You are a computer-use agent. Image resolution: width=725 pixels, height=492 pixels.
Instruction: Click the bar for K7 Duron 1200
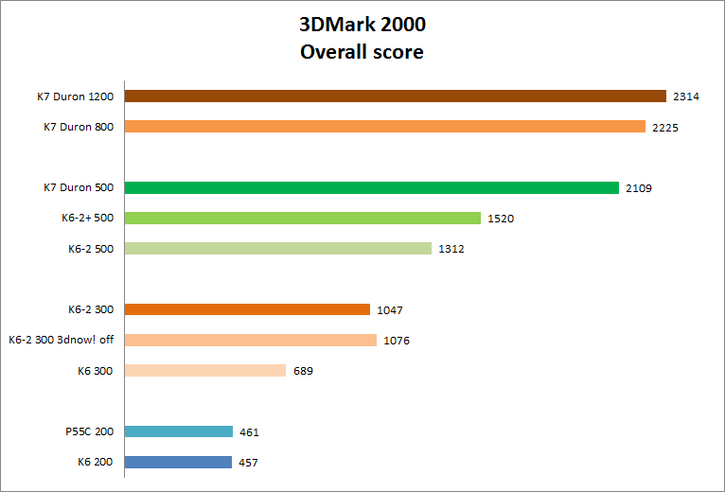point(396,96)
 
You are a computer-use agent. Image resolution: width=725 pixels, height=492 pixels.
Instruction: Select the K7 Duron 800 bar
point(384,127)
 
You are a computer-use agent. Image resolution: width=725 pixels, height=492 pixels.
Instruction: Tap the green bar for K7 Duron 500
point(371,187)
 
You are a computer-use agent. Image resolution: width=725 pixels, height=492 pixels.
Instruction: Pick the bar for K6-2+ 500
point(303,218)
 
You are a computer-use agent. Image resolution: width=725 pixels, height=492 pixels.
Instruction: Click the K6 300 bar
point(204,371)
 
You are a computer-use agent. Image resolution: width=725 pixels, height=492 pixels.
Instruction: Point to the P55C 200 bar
point(178,431)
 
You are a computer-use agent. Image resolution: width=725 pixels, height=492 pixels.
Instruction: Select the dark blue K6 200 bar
point(178,462)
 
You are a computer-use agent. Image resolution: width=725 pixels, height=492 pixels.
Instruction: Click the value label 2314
point(685,97)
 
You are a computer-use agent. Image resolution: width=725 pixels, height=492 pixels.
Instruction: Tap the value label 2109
point(638,188)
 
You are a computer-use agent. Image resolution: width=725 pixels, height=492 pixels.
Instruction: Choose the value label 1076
point(397,341)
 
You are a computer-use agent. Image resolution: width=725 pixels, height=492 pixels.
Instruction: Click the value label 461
point(249,432)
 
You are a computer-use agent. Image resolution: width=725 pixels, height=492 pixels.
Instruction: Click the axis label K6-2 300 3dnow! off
point(61,341)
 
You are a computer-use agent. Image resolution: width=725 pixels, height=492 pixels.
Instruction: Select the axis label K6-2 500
point(91,249)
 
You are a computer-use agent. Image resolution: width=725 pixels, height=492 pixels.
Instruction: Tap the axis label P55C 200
point(91,432)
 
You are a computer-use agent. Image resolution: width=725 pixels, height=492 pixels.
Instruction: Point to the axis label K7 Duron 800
point(79,127)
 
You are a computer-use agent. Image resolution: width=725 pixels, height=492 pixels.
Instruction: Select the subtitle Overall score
point(362,52)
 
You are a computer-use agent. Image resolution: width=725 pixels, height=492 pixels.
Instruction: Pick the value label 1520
point(500,219)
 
